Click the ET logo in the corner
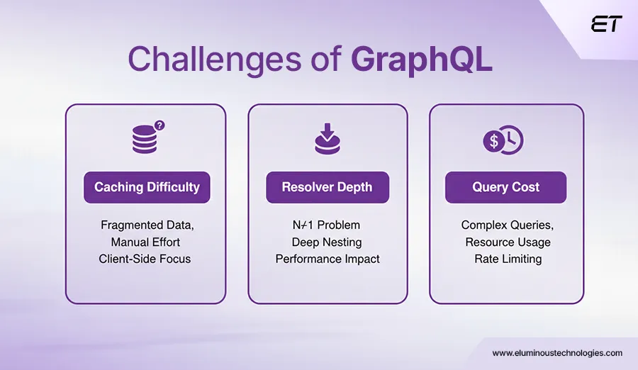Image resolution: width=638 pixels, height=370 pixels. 606,24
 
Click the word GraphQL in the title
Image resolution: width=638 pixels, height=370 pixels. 422,60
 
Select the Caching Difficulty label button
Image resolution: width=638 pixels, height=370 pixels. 147,187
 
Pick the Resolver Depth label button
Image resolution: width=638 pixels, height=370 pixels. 327,187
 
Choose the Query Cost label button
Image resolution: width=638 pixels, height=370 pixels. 505,187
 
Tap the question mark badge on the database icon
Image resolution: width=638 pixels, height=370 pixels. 159,125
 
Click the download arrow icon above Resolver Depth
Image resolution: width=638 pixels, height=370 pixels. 327,139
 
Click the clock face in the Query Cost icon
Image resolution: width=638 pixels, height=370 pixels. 511,141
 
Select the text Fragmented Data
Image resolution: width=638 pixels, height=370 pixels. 145,225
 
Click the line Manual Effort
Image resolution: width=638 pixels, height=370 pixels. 145,242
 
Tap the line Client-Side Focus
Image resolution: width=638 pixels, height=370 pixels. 145,259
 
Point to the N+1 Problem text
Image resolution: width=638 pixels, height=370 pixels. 327,225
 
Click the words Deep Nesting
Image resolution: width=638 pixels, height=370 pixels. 327,242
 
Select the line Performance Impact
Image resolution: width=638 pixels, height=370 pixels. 327,259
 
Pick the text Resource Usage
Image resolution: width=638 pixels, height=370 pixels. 508,242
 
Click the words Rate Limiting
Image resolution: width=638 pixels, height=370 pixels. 508,259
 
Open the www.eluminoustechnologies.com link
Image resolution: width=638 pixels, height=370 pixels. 557,352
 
